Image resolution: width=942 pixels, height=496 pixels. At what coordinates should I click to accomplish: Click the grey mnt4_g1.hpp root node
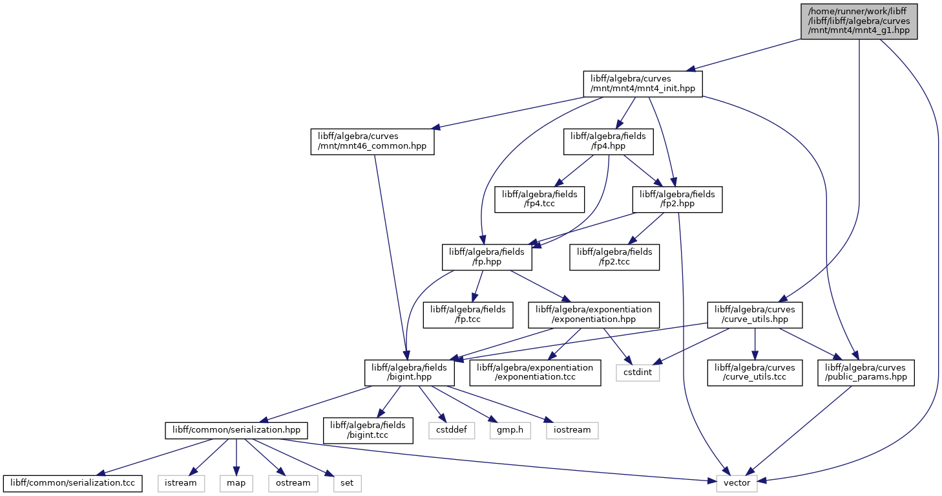[x=859, y=21]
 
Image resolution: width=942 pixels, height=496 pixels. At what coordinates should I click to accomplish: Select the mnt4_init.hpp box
[x=643, y=84]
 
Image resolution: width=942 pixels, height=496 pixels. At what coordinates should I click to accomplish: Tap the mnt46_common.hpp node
[x=372, y=142]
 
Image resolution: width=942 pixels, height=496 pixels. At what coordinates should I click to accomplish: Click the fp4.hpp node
[x=609, y=142]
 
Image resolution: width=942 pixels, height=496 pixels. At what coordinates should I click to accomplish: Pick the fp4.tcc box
[x=539, y=199]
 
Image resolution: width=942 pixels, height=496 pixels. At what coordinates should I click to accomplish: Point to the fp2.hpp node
[x=678, y=199]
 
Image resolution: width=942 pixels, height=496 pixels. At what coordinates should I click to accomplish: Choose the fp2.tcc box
[x=614, y=257]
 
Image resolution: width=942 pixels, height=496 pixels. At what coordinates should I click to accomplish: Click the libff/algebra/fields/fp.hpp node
[x=487, y=257]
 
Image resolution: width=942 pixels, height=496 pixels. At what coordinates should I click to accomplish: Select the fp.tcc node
[x=468, y=315]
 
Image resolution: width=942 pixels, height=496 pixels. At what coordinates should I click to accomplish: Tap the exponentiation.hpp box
[x=594, y=315]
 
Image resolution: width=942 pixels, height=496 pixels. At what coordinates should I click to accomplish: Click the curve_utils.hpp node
[x=755, y=315]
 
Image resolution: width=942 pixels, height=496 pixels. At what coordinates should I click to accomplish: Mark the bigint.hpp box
[x=409, y=372]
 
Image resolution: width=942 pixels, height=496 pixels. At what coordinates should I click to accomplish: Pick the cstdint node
[x=638, y=372]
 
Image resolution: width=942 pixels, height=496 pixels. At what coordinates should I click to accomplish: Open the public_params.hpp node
[x=866, y=372]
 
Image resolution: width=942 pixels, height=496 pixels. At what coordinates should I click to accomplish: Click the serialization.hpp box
[x=236, y=430]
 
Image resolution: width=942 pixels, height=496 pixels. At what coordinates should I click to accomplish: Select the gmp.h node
[x=510, y=430]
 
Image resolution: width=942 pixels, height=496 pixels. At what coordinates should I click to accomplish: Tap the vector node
[x=737, y=483]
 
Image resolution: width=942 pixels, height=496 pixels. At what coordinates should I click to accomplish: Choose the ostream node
[x=293, y=483]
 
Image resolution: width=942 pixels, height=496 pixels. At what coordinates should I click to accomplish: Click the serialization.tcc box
[x=73, y=483]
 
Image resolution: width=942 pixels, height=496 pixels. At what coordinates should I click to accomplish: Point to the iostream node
[x=572, y=430]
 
